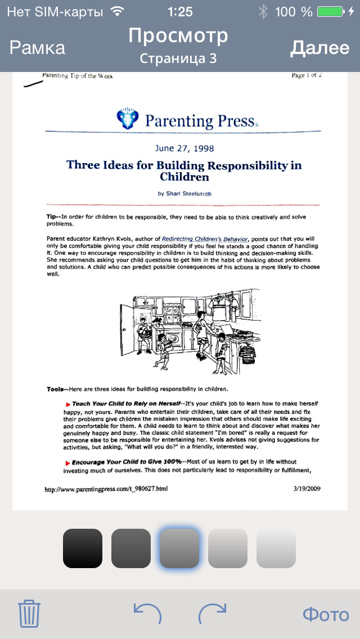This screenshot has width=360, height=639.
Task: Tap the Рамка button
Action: tap(37, 48)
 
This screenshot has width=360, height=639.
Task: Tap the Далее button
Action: tap(319, 48)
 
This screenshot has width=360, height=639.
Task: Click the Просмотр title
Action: tap(178, 36)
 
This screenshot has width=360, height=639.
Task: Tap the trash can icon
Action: tap(29, 613)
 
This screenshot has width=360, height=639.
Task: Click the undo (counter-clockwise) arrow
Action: tap(147, 613)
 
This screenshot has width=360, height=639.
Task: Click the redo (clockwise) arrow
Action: tap(213, 613)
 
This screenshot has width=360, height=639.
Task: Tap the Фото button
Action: tap(326, 614)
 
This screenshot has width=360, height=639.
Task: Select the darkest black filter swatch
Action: tap(83, 548)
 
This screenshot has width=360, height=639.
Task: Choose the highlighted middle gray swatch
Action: tap(179, 548)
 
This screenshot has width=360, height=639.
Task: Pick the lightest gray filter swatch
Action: tap(276, 548)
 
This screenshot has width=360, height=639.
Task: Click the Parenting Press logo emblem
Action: tap(128, 119)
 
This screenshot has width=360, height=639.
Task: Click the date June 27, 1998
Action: tap(184, 148)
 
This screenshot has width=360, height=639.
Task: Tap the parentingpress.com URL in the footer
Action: tap(106, 489)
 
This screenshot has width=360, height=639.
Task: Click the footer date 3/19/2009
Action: tap(307, 488)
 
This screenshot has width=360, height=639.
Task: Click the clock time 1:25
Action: tap(180, 11)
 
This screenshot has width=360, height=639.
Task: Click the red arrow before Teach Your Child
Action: tap(68, 404)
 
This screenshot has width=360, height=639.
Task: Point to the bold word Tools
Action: tap(56, 389)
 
